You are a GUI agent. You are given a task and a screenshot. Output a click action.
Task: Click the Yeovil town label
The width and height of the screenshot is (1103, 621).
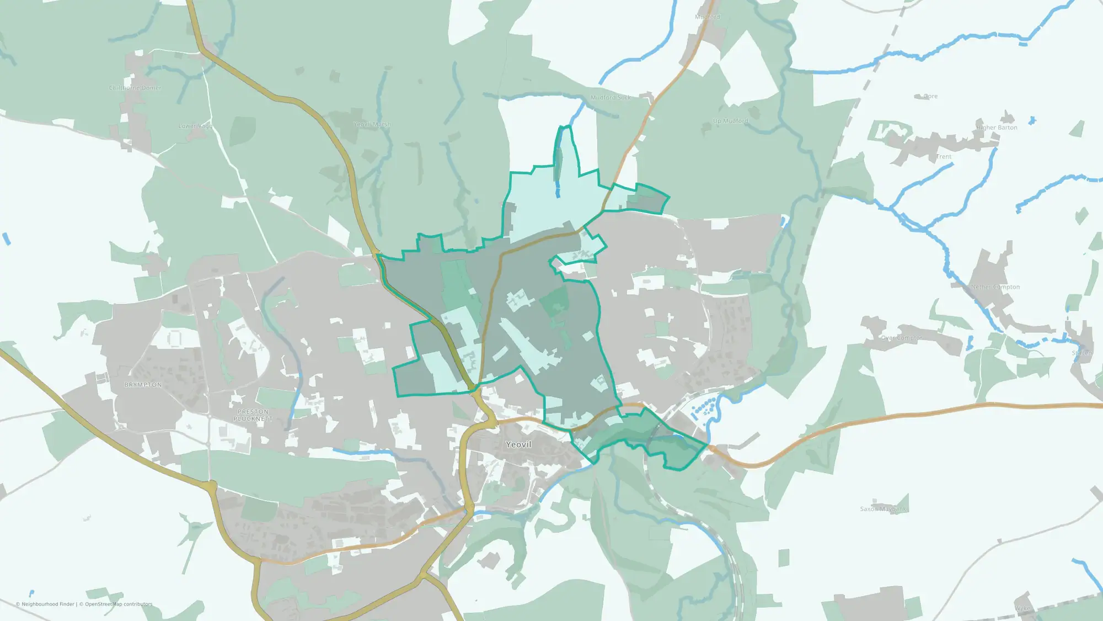tap(518, 444)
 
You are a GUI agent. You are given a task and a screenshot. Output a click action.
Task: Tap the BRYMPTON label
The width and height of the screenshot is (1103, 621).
tap(143, 385)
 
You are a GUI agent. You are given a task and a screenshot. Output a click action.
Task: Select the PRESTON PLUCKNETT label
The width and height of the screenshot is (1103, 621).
tap(253, 415)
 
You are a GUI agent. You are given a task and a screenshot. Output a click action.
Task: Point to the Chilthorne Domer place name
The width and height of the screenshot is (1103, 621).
tap(135, 88)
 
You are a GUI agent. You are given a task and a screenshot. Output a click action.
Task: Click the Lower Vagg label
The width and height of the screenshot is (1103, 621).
tap(195, 126)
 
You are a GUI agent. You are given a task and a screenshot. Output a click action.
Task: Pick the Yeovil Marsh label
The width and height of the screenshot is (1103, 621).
tap(372, 124)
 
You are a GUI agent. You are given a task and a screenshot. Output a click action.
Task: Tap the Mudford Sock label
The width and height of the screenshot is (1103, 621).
tap(611, 97)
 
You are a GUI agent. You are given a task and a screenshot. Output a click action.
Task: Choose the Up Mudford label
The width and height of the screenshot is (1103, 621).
tap(730, 121)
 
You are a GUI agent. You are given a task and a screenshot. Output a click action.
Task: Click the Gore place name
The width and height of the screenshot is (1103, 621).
tap(930, 96)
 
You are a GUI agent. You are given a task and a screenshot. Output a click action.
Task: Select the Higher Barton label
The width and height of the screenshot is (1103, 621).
tap(997, 128)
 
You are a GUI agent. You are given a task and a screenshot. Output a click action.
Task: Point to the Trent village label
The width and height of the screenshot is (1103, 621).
tap(944, 157)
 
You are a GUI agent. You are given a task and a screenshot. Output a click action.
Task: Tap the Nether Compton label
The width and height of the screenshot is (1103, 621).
tap(995, 287)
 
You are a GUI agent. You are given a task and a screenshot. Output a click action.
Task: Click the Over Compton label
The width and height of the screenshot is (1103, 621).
tap(901, 338)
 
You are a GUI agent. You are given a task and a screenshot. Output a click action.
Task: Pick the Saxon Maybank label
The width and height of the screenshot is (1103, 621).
tap(883, 509)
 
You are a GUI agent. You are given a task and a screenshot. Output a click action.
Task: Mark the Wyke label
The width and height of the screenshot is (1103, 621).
tap(1022, 608)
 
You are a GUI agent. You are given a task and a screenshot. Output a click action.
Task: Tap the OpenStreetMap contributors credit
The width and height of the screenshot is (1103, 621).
tap(119, 604)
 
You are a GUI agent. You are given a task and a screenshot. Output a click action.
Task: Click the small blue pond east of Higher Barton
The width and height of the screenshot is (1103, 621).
tap(1032, 120)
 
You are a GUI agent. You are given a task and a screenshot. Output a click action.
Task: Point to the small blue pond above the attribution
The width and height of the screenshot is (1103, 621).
tap(31, 593)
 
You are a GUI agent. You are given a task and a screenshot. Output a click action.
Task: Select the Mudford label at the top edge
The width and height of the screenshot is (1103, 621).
tap(708, 17)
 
